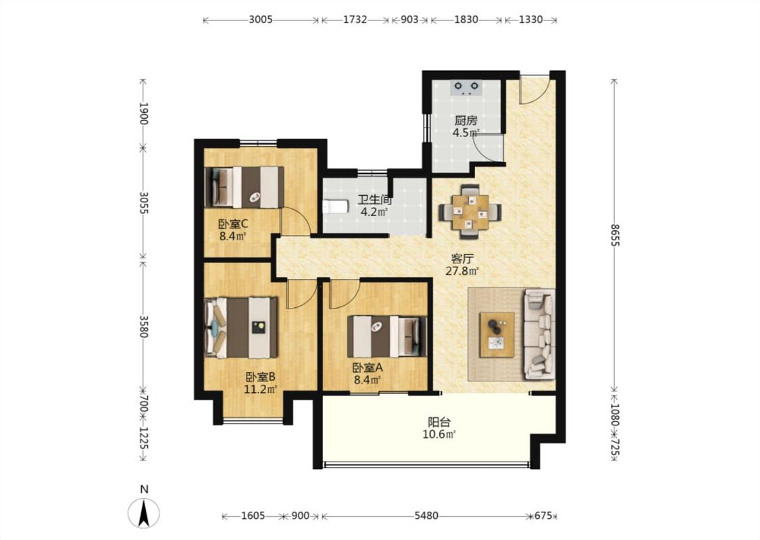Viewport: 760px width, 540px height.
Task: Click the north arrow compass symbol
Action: point(143,512)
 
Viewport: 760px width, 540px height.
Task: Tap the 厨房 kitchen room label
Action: point(465,120)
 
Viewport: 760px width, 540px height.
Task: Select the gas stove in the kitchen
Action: point(466,88)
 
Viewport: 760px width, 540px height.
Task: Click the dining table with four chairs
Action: point(470,212)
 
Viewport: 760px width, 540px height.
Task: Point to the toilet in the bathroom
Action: point(335,207)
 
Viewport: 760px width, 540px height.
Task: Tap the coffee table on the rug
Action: point(497,335)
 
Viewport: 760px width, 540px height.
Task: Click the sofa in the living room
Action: point(540,334)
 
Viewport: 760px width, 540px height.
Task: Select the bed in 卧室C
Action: point(245,188)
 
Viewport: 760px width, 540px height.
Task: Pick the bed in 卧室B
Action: point(241,327)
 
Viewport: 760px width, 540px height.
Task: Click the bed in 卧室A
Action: point(387,337)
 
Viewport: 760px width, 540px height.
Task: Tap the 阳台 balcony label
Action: point(439,422)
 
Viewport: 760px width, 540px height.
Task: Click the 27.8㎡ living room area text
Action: point(462,271)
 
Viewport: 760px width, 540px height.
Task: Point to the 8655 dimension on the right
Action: point(615,234)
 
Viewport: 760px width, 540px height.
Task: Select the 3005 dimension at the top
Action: point(261,20)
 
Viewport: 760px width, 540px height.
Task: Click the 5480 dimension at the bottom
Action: point(426,516)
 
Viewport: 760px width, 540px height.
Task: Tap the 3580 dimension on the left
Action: point(143,327)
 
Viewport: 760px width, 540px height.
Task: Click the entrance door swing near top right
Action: point(534,89)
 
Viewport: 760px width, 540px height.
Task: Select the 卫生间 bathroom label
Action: point(375,199)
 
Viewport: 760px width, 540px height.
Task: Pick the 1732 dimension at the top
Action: point(355,20)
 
